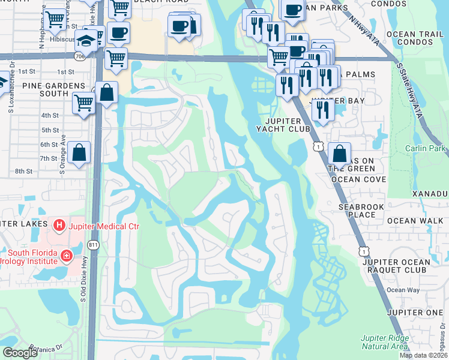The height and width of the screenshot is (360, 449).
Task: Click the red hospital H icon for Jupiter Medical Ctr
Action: [59, 226]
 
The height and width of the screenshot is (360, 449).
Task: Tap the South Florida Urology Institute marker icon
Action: [66, 257]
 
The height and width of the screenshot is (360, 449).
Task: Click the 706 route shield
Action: [80, 56]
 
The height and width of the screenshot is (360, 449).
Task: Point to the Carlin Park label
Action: [426, 148]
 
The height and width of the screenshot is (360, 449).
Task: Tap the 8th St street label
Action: [23, 171]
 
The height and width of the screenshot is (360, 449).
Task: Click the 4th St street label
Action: [49, 115]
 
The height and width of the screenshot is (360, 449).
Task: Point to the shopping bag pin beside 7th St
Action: [79, 154]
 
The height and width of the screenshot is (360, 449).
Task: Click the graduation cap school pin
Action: [88, 40]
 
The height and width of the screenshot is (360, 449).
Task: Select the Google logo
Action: [20, 353]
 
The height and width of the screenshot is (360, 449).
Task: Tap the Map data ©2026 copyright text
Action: [423, 355]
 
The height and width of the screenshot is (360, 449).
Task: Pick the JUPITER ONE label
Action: [415, 313]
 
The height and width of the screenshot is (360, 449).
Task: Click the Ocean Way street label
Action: [403, 290]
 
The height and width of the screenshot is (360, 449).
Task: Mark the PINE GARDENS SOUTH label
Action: [46, 89]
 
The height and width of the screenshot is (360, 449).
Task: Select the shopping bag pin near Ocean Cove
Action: [339, 154]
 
